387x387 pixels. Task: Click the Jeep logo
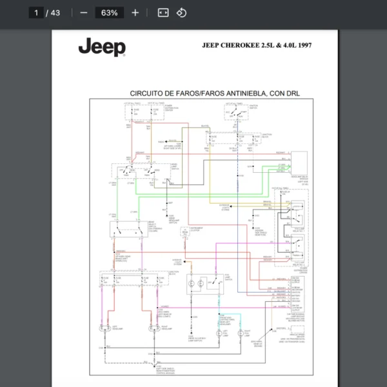click(x=102, y=47)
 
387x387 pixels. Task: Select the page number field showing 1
click(x=37, y=13)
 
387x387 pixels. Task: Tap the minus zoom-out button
click(x=83, y=13)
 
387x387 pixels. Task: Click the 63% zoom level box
click(x=109, y=13)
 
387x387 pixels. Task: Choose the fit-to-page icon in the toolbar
click(x=163, y=13)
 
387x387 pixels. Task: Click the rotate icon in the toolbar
click(x=181, y=13)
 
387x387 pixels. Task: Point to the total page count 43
click(x=55, y=13)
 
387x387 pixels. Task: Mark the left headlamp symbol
click(x=103, y=329)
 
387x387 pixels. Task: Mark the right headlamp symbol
click(x=154, y=329)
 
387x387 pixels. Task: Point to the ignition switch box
click(x=238, y=114)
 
